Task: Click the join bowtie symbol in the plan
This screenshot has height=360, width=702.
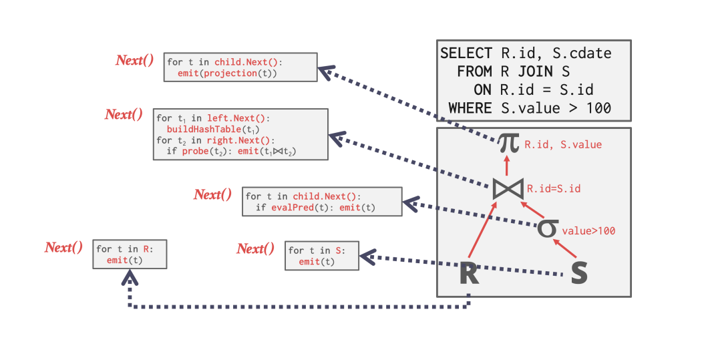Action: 508,188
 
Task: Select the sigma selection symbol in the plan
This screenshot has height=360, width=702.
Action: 547,228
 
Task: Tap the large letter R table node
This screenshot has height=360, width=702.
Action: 469,273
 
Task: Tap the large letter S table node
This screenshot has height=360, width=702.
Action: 579,273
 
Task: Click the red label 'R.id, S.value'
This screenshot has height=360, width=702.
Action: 562,144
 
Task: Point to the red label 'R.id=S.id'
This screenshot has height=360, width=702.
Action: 553,189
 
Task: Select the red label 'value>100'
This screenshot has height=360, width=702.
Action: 588,231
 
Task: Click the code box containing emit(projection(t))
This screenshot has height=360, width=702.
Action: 240,67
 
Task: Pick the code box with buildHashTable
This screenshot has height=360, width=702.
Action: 240,134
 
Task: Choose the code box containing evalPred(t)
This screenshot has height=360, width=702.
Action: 322,202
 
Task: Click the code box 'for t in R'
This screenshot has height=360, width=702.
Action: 130,254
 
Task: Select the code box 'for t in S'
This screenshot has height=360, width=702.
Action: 321,256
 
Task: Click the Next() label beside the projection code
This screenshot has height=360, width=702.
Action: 134,60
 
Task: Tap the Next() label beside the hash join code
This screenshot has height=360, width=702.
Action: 124,114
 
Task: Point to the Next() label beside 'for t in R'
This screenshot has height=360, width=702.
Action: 63,247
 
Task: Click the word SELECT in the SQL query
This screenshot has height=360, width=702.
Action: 466,53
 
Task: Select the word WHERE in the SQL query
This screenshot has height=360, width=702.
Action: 470,108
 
